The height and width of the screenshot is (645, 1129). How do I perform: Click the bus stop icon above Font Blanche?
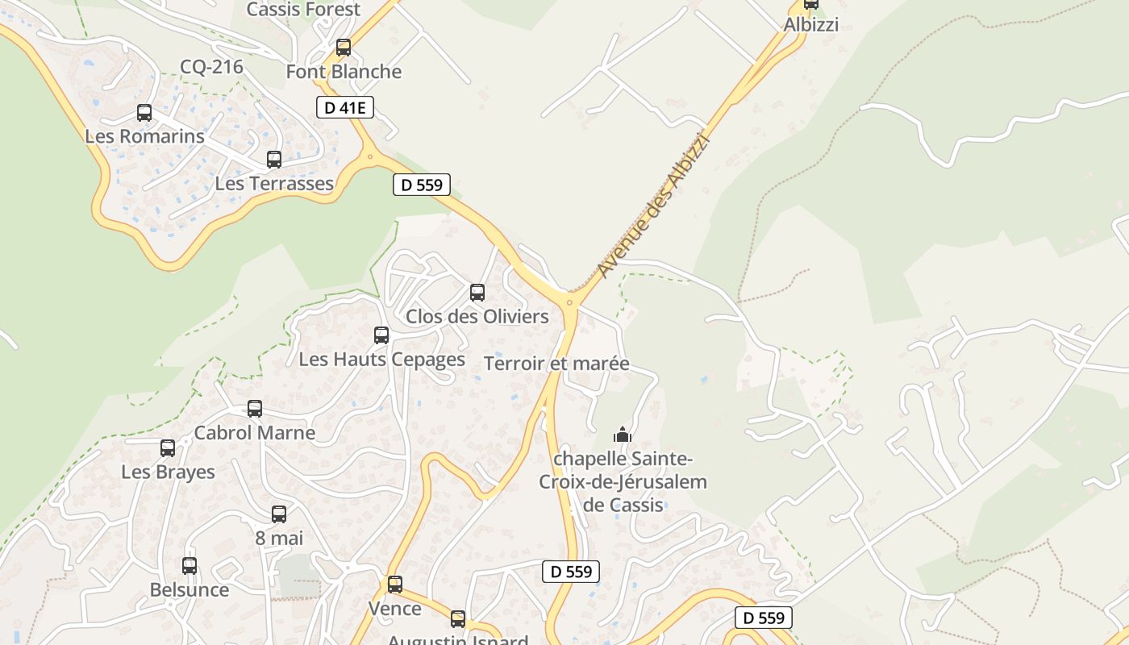pos(344,48)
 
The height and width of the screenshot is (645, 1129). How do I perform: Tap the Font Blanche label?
pos(344,72)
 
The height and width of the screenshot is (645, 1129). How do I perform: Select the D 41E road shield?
pos(344,107)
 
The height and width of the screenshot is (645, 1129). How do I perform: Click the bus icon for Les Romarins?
pos(144,113)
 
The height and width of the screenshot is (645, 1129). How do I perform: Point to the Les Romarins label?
pos(144,136)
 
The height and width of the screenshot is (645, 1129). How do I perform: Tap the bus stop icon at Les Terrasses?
pos(274,160)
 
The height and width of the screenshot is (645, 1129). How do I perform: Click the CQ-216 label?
pos(211,67)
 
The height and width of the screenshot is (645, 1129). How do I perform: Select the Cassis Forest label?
pos(303,10)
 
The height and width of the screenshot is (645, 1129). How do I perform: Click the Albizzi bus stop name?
pos(811,25)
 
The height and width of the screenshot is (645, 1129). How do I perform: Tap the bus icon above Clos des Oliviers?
pos(477,293)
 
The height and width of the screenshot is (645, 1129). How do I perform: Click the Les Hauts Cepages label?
pos(381,359)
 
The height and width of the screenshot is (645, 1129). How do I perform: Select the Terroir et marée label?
pos(556,364)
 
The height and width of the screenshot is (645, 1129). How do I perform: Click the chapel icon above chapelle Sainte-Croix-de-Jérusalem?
pos(623,435)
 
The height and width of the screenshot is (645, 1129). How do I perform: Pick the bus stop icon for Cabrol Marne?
pos(255,409)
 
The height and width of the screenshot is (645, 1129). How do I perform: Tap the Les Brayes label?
pos(168,472)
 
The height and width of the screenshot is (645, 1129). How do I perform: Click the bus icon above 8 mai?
pos(279,514)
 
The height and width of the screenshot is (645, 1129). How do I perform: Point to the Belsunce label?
pos(190,589)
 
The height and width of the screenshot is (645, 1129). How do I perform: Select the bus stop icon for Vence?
pos(395,585)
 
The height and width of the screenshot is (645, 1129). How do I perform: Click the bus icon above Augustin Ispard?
pos(458,619)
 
